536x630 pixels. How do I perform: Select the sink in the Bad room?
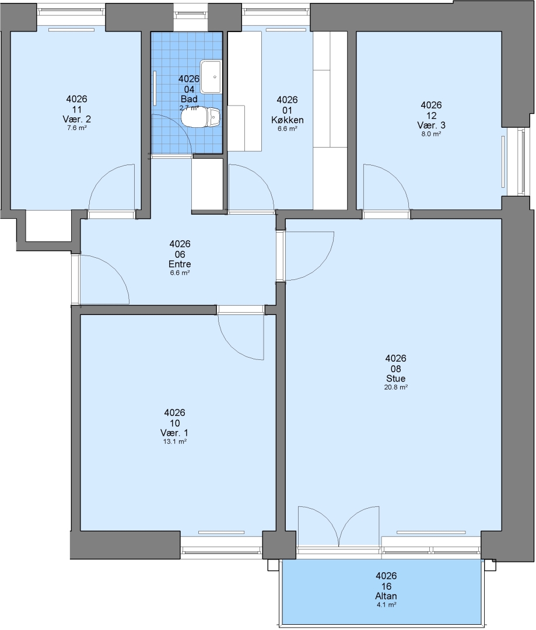(x=211, y=76)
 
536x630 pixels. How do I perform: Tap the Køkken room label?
(x=288, y=120)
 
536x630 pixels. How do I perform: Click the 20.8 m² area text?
(x=396, y=387)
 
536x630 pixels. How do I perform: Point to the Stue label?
(x=396, y=379)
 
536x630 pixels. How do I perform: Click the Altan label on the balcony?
(x=386, y=596)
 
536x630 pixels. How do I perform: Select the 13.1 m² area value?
(x=175, y=442)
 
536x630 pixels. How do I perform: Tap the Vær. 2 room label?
(x=77, y=119)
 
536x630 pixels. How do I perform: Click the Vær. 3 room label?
(x=431, y=125)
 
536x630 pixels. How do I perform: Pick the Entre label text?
(x=180, y=264)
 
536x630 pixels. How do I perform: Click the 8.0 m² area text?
(x=431, y=134)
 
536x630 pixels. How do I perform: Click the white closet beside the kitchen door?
(x=207, y=184)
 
